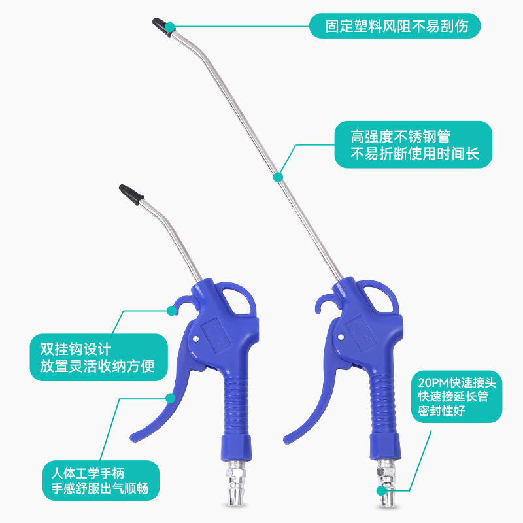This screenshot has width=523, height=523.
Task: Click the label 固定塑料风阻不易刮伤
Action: pyautogui.click(x=395, y=26)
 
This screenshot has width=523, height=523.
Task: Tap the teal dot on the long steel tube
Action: pyautogui.click(x=277, y=177)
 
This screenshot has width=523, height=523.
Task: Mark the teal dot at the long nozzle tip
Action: pyautogui.click(x=170, y=27)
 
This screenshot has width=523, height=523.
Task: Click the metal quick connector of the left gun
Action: pyautogui.click(x=233, y=484)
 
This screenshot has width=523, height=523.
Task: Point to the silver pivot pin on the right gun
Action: pyautogui.click(x=341, y=336)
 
